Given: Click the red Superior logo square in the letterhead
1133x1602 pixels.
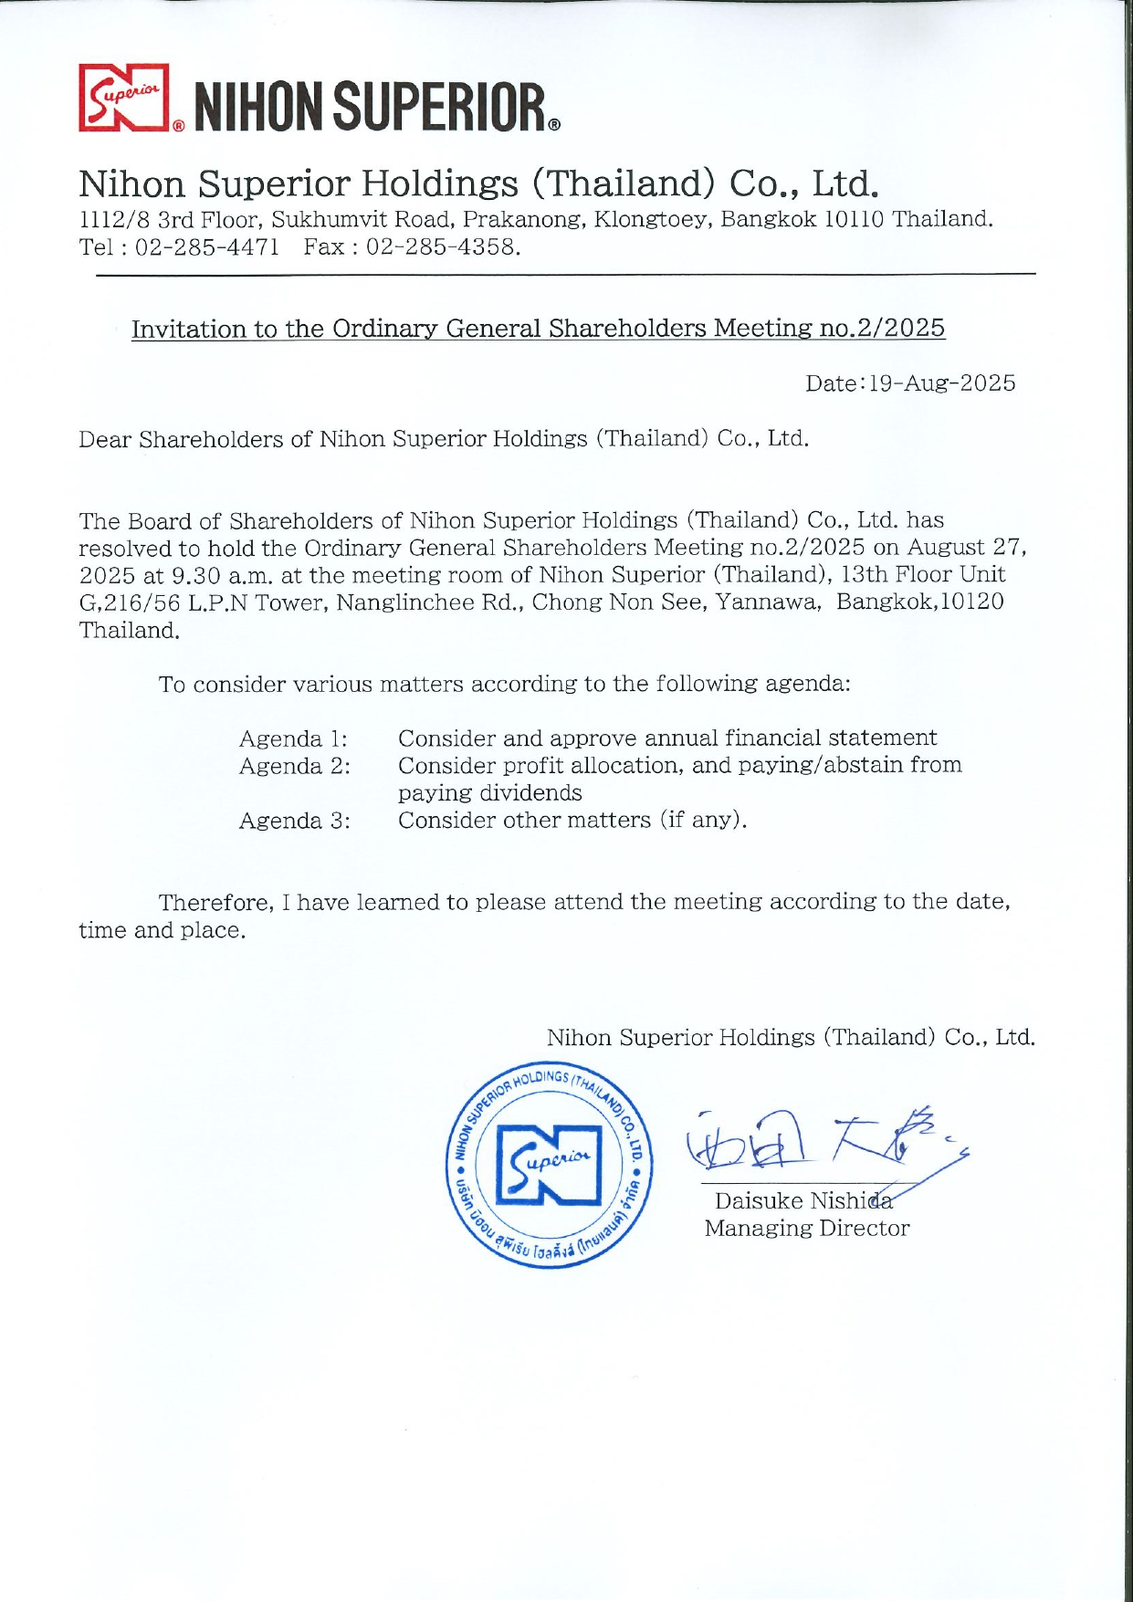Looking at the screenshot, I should click(124, 98).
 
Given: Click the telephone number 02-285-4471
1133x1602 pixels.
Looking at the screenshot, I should click(207, 247).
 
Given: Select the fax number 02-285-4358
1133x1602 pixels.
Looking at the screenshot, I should click(443, 247).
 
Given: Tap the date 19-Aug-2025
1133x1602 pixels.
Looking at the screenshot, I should click(941, 383).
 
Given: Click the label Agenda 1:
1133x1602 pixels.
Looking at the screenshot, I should click(293, 738).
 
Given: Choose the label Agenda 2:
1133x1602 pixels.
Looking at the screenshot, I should click(294, 766).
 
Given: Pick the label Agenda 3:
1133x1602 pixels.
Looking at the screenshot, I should click(294, 821).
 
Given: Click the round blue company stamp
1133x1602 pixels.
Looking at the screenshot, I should click(550, 1166).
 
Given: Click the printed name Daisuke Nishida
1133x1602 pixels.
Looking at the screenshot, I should click(803, 1201).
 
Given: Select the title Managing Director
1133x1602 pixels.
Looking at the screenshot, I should click(806, 1229).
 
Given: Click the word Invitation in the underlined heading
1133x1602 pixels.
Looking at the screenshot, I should click(189, 329).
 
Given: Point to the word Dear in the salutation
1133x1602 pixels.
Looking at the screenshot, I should click(104, 439).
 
